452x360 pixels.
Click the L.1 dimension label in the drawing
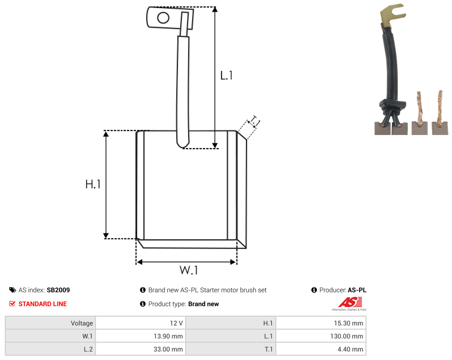(x=226, y=75)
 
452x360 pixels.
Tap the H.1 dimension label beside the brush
(x=93, y=184)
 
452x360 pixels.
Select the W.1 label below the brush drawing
(x=189, y=270)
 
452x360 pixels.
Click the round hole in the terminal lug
(x=163, y=18)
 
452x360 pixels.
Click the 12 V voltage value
(x=176, y=323)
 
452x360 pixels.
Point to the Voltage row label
(x=82, y=323)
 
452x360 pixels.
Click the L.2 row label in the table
(x=88, y=349)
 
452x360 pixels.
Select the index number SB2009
(x=58, y=290)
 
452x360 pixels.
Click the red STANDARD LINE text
(x=43, y=304)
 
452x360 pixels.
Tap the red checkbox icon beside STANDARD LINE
(x=12, y=304)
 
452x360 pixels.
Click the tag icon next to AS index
(x=13, y=290)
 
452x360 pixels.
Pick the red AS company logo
(x=350, y=302)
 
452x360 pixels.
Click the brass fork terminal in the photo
(x=392, y=16)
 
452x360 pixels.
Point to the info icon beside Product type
(x=143, y=304)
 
